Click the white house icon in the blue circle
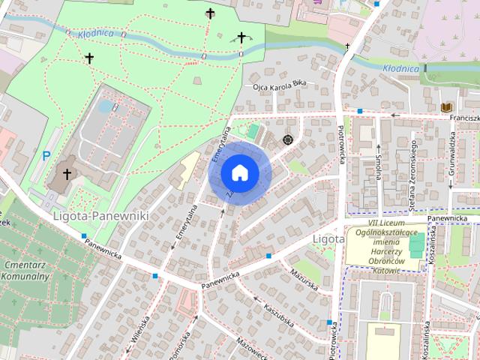pyautogui.click(x=240, y=172)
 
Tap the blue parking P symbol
pyautogui.click(x=46, y=156)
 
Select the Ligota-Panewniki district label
pyautogui.click(x=101, y=216)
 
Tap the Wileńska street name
pyautogui.click(x=140, y=329)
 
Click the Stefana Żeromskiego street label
pyautogui.click(x=413, y=172)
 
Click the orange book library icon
pyautogui.click(x=447, y=107)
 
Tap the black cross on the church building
pyautogui.click(x=67, y=174)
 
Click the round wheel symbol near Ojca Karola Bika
pyautogui.click(x=286, y=139)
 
